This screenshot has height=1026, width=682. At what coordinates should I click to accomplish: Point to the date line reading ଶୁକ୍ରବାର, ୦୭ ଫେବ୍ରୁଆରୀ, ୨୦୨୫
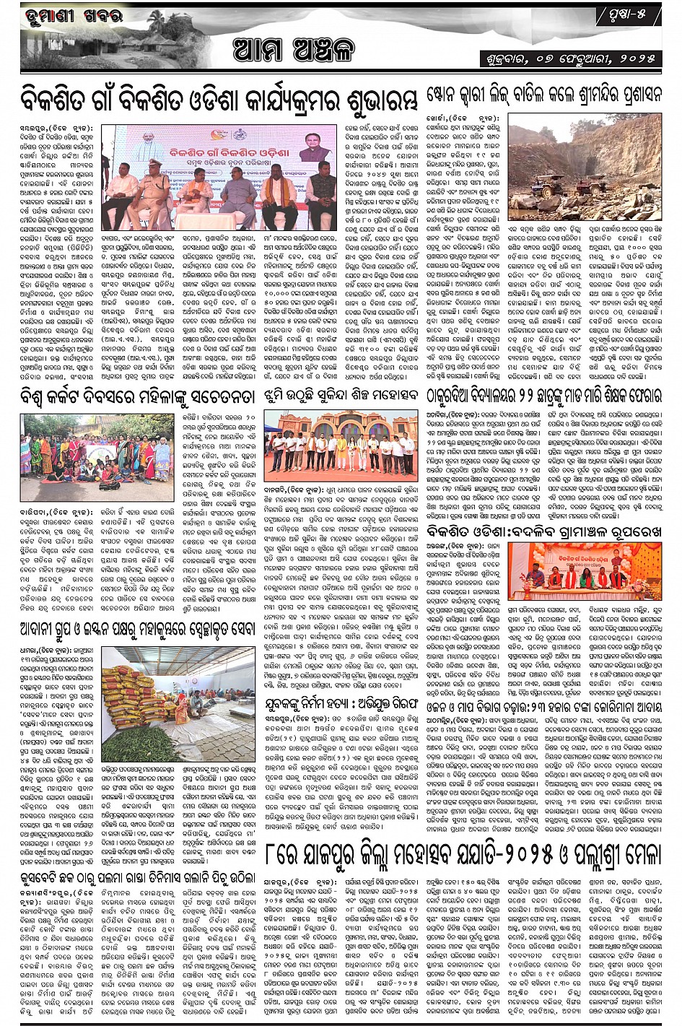pyautogui.click(x=571, y=58)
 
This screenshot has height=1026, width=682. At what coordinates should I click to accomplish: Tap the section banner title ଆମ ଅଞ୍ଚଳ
pyautogui.click(x=294, y=51)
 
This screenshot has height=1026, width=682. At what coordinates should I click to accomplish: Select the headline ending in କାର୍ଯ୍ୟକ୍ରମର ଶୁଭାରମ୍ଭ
pyautogui.click(x=220, y=99)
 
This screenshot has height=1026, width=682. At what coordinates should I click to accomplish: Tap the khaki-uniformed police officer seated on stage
pyautogui.click(x=155, y=190)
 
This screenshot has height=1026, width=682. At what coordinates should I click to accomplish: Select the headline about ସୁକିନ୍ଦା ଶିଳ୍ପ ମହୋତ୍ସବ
pyautogui.click(x=343, y=396)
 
